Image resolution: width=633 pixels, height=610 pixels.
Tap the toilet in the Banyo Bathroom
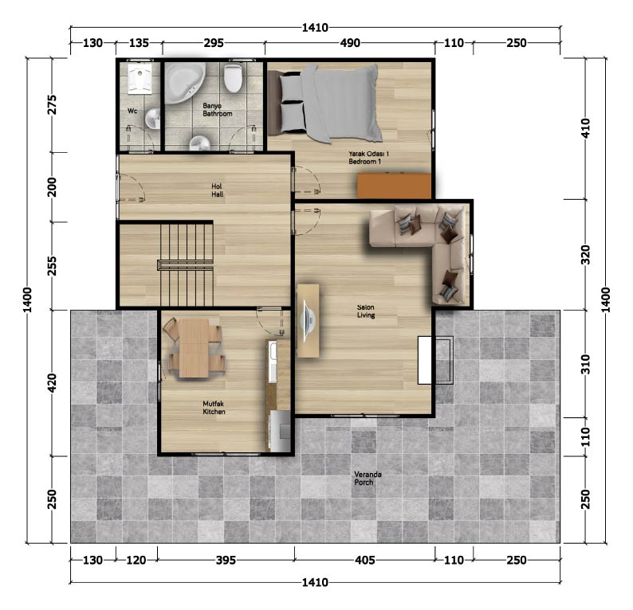pos(234,78)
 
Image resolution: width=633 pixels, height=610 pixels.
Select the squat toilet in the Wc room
pos(140,79)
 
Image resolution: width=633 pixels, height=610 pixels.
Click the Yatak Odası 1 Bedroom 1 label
pos(368,158)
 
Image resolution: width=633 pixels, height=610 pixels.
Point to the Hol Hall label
pos(217,190)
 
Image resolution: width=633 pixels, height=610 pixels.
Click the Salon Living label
pos(366,311)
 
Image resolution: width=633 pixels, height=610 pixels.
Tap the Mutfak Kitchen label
pos(214,408)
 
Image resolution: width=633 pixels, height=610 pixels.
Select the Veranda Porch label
pos(368,478)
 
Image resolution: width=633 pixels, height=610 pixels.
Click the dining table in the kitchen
pos(194,348)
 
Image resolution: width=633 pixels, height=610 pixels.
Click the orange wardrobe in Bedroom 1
pos(395,186)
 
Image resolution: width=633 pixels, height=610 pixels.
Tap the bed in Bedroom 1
pos(325,104)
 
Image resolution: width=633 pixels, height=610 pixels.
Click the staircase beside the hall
pos(186,265)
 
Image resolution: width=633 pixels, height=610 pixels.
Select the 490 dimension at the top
pos(350,43)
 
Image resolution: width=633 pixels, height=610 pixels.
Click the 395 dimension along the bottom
pos(226,560)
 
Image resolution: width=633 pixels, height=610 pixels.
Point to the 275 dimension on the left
pos(52,105)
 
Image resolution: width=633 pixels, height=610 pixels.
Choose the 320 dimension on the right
pos(585,255)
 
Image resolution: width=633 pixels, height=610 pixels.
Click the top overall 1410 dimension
pos(315,28)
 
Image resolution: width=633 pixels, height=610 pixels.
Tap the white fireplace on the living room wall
pos(425,360)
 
